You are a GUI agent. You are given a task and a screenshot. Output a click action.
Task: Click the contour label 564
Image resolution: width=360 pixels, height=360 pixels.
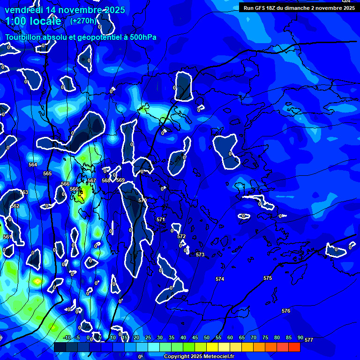coord(33,165)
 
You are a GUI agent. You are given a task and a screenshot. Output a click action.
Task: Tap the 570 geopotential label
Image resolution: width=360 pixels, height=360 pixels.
coord(142,200)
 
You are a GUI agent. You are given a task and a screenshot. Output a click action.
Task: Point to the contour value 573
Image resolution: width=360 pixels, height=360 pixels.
coord(200,255)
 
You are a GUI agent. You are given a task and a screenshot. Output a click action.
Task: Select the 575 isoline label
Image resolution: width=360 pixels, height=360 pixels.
coord(268,278)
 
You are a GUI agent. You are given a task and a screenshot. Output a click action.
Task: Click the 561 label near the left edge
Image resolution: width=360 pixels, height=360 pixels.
coord(7,237)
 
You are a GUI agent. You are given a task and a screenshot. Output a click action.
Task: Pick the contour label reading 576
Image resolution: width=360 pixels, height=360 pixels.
coord(286,311)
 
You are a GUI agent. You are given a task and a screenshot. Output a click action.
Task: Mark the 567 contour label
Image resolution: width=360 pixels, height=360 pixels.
coord(92,180)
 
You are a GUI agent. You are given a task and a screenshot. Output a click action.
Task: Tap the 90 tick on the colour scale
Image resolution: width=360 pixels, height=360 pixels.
coord(300,337)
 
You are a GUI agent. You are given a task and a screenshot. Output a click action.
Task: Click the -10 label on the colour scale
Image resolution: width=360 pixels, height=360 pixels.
coord(67,337)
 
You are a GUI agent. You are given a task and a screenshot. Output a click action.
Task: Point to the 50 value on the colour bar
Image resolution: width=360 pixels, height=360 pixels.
coord(206,337)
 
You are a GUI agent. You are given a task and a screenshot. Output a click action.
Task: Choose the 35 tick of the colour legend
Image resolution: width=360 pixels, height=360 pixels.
coord(171,337)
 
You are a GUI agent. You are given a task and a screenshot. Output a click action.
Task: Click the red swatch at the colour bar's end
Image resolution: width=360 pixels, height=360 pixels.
coord(294,347)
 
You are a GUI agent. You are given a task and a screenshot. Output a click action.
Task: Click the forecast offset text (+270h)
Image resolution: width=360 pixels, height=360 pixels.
coord(83,21)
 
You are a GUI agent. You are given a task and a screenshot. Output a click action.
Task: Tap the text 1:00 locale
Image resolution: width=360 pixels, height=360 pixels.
coord(33,21)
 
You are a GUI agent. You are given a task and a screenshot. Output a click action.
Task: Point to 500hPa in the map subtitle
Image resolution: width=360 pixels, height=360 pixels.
coord(143,37)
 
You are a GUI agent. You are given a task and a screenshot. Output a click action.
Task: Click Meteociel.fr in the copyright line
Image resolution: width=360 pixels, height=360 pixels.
coord(218,356)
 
